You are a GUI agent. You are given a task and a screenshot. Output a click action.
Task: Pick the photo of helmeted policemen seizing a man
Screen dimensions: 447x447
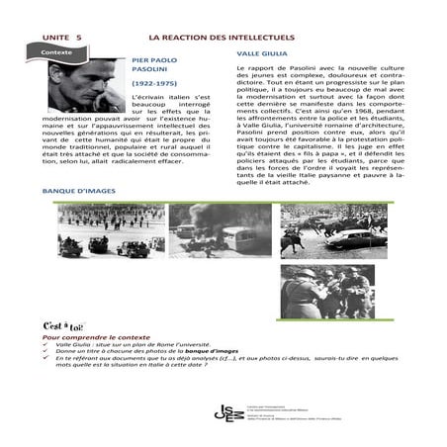pyautogui.click(x=313, y=290)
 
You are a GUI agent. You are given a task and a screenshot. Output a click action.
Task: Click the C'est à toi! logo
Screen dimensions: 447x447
pyautogui.click(x=62, y=326)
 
